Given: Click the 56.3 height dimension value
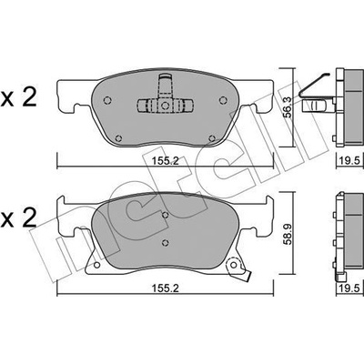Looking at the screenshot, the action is coord(288,107).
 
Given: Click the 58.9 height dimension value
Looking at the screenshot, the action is coord(288,234).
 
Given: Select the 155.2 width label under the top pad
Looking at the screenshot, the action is coord(166,161).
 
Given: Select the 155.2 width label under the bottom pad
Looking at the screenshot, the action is coord(166,288).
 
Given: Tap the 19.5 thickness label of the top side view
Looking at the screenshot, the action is coord(350,160).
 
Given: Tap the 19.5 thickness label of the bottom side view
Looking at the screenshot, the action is coord(350,288).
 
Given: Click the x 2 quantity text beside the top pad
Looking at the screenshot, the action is coord(19,97).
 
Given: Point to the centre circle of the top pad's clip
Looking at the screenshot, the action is coord(165,106).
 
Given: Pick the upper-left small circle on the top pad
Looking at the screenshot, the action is coord(107,100).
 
